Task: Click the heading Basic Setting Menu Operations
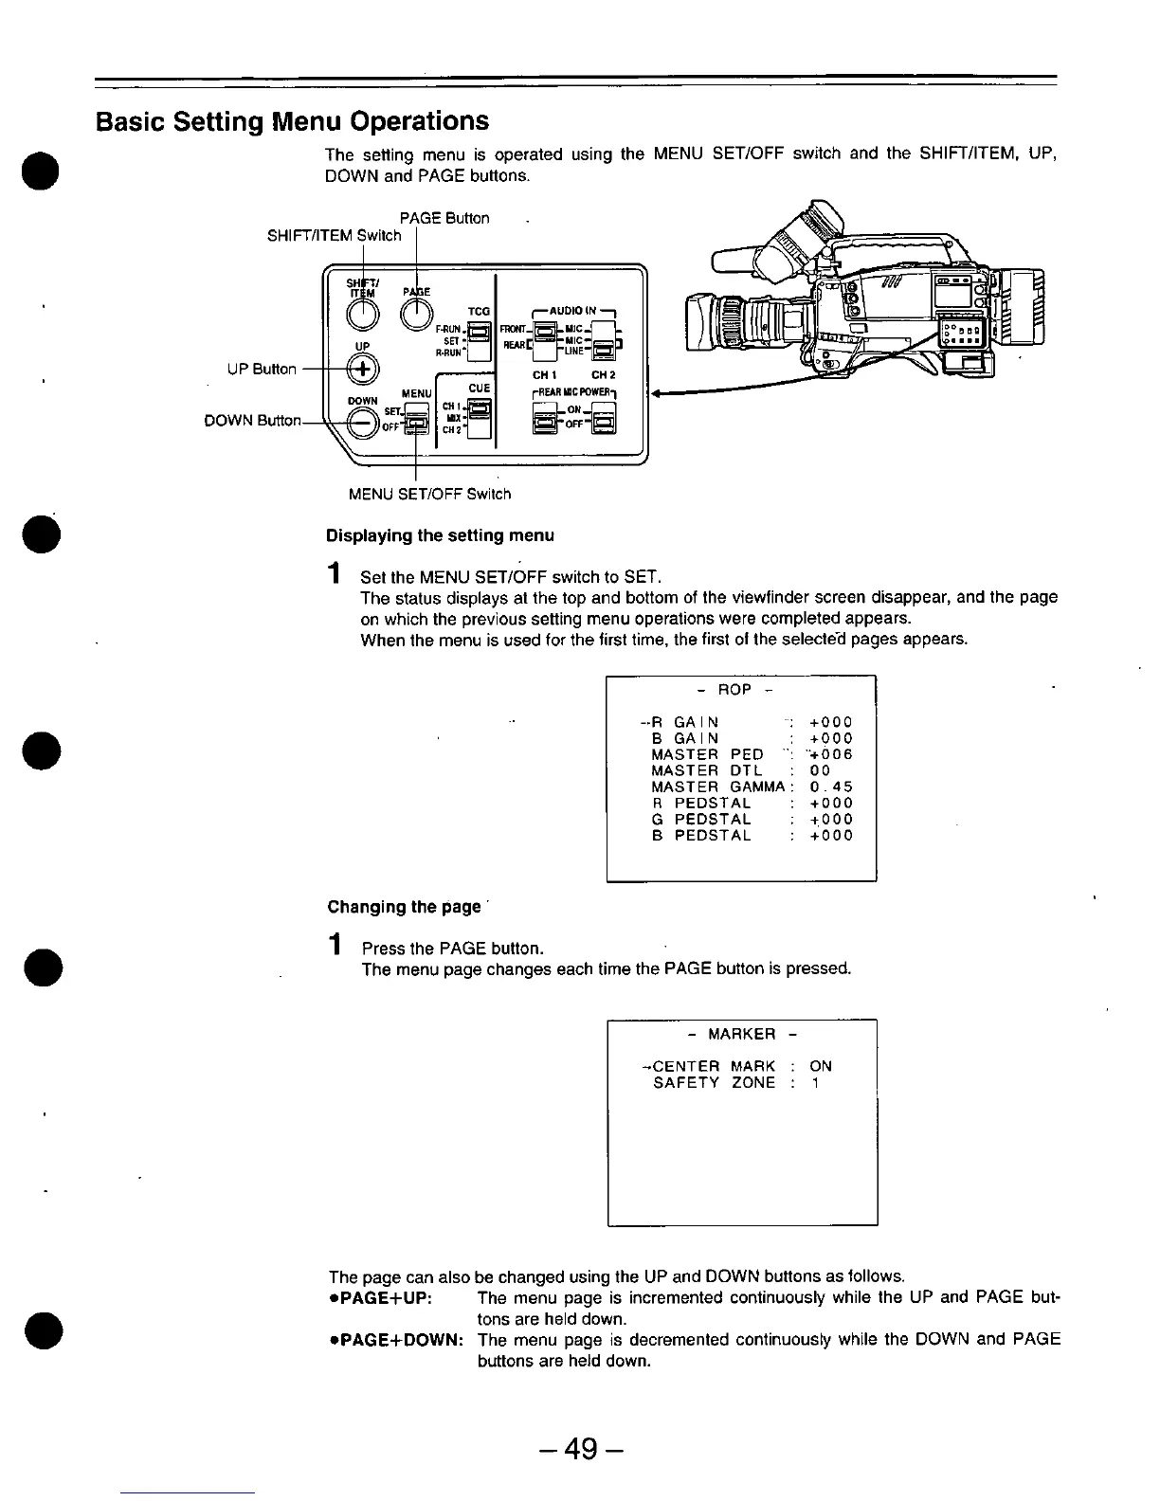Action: pyautogui.click(x=292, y=121)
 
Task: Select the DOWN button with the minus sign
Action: pyautogui.click(x=362, y=424)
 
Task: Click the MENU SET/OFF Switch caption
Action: pyautogui.click(x=429, y=494)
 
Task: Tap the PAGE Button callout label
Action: pyautogui.click(x=444, y=219)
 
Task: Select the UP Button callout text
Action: pyautogui.click(x=262, y=370)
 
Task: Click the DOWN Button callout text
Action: pyautogui.click(x=252, y=422)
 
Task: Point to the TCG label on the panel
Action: pyautogui.click(x=479, y=310)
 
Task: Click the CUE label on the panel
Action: pyautogui.click(x=479, y=388)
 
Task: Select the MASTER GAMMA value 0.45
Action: pyautogui.click(x=831, y=787)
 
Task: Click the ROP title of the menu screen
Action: pyautogui.click(x=734, y=690)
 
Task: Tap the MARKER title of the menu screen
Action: pyautogui.click(x=742, y=1034)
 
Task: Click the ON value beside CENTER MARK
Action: pyautogui.click(x=821, y=1066)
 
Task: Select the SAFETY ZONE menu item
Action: pyautogui.click(x=714, y=1082)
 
